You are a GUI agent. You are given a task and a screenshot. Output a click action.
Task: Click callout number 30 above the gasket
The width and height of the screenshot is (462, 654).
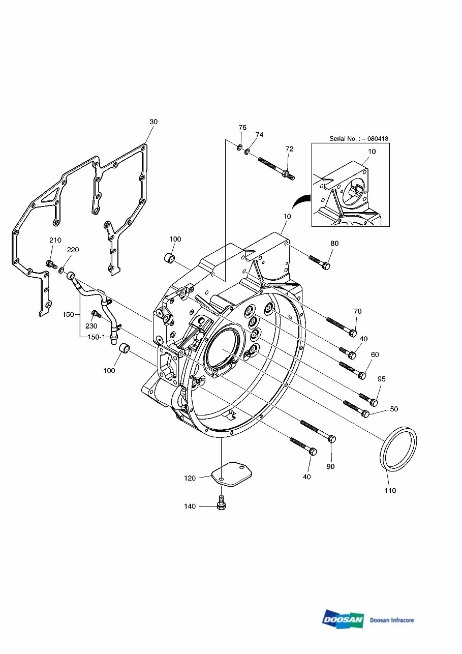(153, 122)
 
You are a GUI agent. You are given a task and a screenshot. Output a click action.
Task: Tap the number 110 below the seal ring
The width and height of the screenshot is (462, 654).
(390, 491)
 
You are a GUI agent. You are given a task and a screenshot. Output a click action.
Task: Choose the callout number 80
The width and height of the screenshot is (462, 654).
(334, 244)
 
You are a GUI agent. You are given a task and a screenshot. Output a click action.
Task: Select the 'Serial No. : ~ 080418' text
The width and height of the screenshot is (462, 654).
(358, 138)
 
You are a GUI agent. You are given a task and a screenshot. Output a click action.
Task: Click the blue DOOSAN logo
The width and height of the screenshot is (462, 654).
(343, 619)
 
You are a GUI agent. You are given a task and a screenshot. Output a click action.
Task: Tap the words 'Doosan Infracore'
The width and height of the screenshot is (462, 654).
(392, 620)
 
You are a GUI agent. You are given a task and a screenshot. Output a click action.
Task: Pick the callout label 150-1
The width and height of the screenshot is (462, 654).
(96, 337)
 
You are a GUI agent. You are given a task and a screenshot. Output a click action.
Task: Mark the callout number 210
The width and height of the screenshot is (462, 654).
(55, 240)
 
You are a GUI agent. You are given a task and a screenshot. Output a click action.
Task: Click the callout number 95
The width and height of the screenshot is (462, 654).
(381, 379)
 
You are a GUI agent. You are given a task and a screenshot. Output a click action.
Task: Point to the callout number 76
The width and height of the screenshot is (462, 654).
(242, 127)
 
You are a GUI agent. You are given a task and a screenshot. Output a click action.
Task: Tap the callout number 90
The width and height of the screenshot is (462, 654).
(330, 466)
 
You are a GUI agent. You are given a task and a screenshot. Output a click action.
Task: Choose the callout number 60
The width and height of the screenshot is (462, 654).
(375, 354)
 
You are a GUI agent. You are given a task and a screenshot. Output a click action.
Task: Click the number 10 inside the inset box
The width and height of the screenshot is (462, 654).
(372, 151)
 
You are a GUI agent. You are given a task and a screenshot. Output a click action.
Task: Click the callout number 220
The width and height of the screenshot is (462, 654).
(73, 250)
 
